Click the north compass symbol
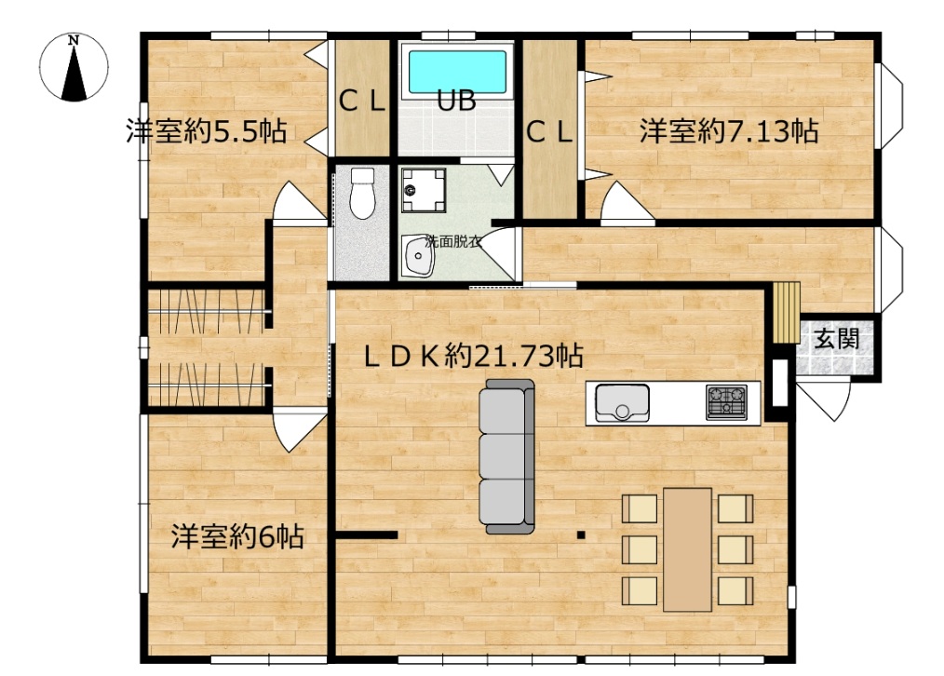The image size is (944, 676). (x=74, y=67)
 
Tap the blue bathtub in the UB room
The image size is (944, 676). (x=457, y=72)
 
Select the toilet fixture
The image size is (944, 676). (x=362, y=193)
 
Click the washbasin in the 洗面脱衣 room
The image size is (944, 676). (x=417, y=256)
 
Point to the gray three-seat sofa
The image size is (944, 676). (x=507, y=456)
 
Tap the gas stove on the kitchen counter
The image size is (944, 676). (x=727, y=402)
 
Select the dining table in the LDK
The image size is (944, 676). (x=688, y=549)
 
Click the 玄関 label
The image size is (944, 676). (x=836, y=339)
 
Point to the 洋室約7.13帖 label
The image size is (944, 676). (x=728, y=130)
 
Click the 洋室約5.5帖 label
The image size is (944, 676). (x=206, y=130)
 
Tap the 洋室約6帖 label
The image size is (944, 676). (x=237, y=535)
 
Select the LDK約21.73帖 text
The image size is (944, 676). (x=473, y=357)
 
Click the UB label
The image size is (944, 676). (x=456, y=101)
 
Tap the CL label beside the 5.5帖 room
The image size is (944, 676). (x=362, y=101)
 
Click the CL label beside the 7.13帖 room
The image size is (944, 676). (x=549, y=132)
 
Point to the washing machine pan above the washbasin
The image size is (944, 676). (x=424, y=190)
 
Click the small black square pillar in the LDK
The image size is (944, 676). (x=581, y=534)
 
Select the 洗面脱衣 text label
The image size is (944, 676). (x=453, y=243)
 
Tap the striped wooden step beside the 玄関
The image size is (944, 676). (x=787, y=313)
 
